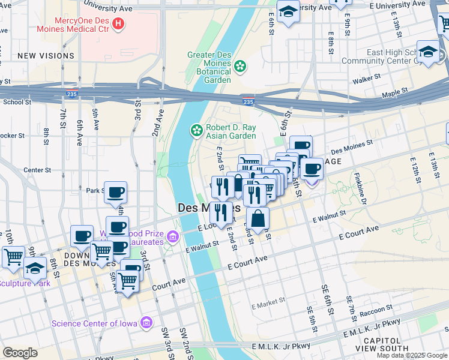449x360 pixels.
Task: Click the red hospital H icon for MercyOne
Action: click(118, 24)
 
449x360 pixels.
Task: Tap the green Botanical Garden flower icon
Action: click(240, 66)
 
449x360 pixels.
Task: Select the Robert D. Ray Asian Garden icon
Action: click(196, 130)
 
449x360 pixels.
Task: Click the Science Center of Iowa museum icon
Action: click(146, 323)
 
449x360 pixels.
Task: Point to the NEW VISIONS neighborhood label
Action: click(46, 56)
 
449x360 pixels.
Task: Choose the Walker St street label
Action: click(367, 79)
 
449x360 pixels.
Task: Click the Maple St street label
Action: click(394, 92)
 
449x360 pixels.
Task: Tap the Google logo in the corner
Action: click(20, 353)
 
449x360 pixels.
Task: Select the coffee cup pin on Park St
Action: click(116, 193)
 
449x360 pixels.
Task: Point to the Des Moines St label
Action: click(352, 144)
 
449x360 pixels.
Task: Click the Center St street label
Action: click(37, 170)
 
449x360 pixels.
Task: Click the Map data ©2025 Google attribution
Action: click(412, 355)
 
